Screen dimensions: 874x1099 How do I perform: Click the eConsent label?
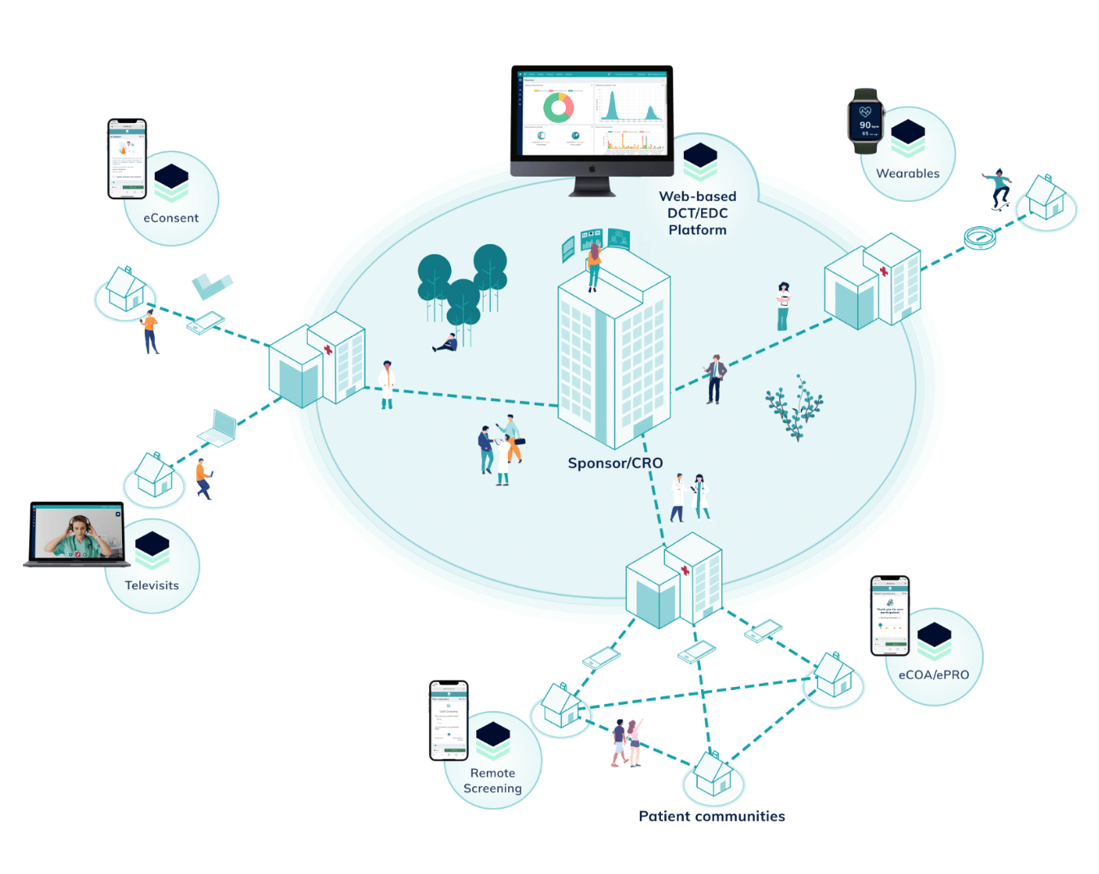click(171, 218)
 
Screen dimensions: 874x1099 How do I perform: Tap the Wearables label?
click(908, 173)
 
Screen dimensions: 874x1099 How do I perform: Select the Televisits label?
click(151, 585)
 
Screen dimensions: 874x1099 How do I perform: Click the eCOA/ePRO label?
click(934, 675)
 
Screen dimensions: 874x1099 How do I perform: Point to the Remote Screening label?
click(493, 780)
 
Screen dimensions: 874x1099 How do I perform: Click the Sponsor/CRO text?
click(615, 463)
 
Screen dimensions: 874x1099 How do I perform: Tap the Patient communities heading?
click(712, 816)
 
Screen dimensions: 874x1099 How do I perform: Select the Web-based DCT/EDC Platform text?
click(698, 213)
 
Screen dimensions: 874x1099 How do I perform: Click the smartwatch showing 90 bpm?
click(865, 121)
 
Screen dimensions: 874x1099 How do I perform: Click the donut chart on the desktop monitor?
click(558, 107)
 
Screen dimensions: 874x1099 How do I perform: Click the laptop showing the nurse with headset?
click(77, 534)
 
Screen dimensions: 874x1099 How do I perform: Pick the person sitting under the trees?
click(446, 343)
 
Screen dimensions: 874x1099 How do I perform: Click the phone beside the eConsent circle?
click(127, 159)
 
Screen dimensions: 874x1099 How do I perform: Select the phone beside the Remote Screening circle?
click(449, 721)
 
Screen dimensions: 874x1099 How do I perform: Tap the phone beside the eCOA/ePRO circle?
click(890, 616)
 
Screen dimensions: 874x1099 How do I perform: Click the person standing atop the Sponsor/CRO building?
click(593, 266)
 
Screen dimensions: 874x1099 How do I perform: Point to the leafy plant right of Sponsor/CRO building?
click(795, 408)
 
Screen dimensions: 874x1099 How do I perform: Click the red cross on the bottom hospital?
click(685, 571)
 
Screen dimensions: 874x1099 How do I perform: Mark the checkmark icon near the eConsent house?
click(211, 286)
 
